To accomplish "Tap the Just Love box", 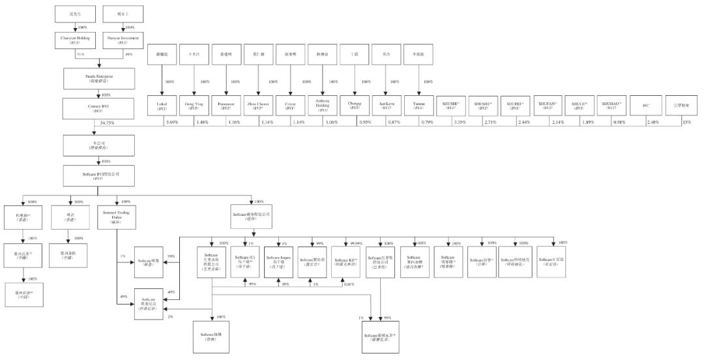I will point(385,106).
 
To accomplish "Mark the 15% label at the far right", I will point(686,123).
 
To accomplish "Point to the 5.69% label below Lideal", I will point(171,123).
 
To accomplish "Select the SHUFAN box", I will point(548,106).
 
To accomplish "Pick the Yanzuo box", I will point(417,106).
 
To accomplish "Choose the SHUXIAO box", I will point(611,106).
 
